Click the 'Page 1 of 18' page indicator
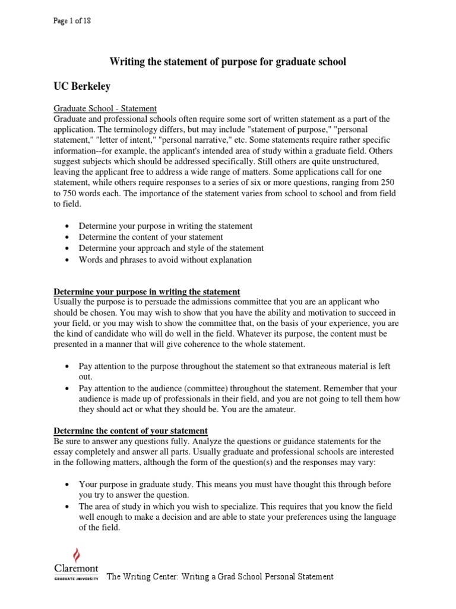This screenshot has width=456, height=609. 72,21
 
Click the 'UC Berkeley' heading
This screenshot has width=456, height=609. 82,86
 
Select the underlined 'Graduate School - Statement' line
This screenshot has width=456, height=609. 105,108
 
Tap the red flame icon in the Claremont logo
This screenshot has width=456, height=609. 75,555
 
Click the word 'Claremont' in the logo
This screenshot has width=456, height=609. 75,569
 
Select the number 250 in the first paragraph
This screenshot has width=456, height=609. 387,183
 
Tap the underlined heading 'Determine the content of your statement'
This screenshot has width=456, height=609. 131,431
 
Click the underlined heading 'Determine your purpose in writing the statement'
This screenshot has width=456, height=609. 147,292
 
